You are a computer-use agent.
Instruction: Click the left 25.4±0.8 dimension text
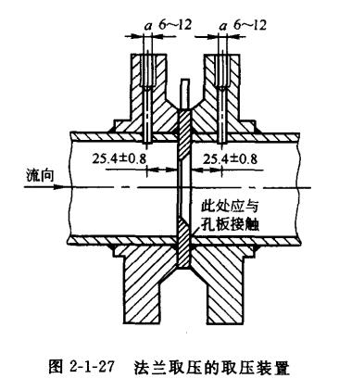(x=118, y=159)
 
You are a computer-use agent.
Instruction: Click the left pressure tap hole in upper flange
(x=148, y=83)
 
